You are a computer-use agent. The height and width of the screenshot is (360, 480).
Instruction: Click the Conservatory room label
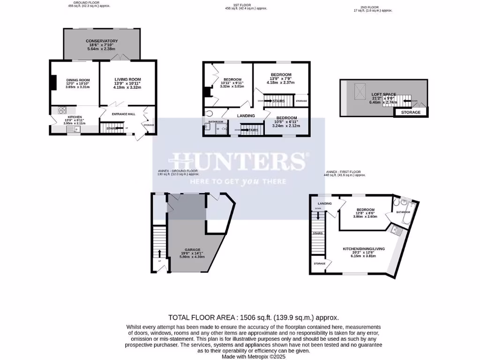[x=102, y=41]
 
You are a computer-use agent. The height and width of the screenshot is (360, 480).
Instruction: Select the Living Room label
[x=127, y=79]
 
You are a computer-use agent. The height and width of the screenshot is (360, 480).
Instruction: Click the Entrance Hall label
[x=123, y=113]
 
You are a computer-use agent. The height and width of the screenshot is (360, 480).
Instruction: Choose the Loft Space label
[x=383, y=95]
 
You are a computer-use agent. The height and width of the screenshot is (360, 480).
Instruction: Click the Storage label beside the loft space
[x=410, y=112]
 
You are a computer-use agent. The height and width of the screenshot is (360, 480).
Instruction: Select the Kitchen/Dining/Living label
[x=364, y=248]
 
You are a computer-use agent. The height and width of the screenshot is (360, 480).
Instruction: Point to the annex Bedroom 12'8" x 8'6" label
[x=365, y=210]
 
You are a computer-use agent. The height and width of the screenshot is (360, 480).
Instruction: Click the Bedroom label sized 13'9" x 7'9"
[x=281, y=75]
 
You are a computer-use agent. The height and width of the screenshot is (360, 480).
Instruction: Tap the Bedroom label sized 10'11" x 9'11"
[x=232, y=79]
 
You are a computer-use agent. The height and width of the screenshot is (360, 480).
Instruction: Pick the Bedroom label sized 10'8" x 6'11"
[x=285, y=118]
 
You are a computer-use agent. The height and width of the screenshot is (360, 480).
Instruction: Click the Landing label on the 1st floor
[x=246, y=116]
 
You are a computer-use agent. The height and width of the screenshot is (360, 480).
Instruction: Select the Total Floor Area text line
[x=253, y=317]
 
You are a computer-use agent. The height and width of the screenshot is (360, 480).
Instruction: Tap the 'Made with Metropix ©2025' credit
[x=253, y=356]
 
